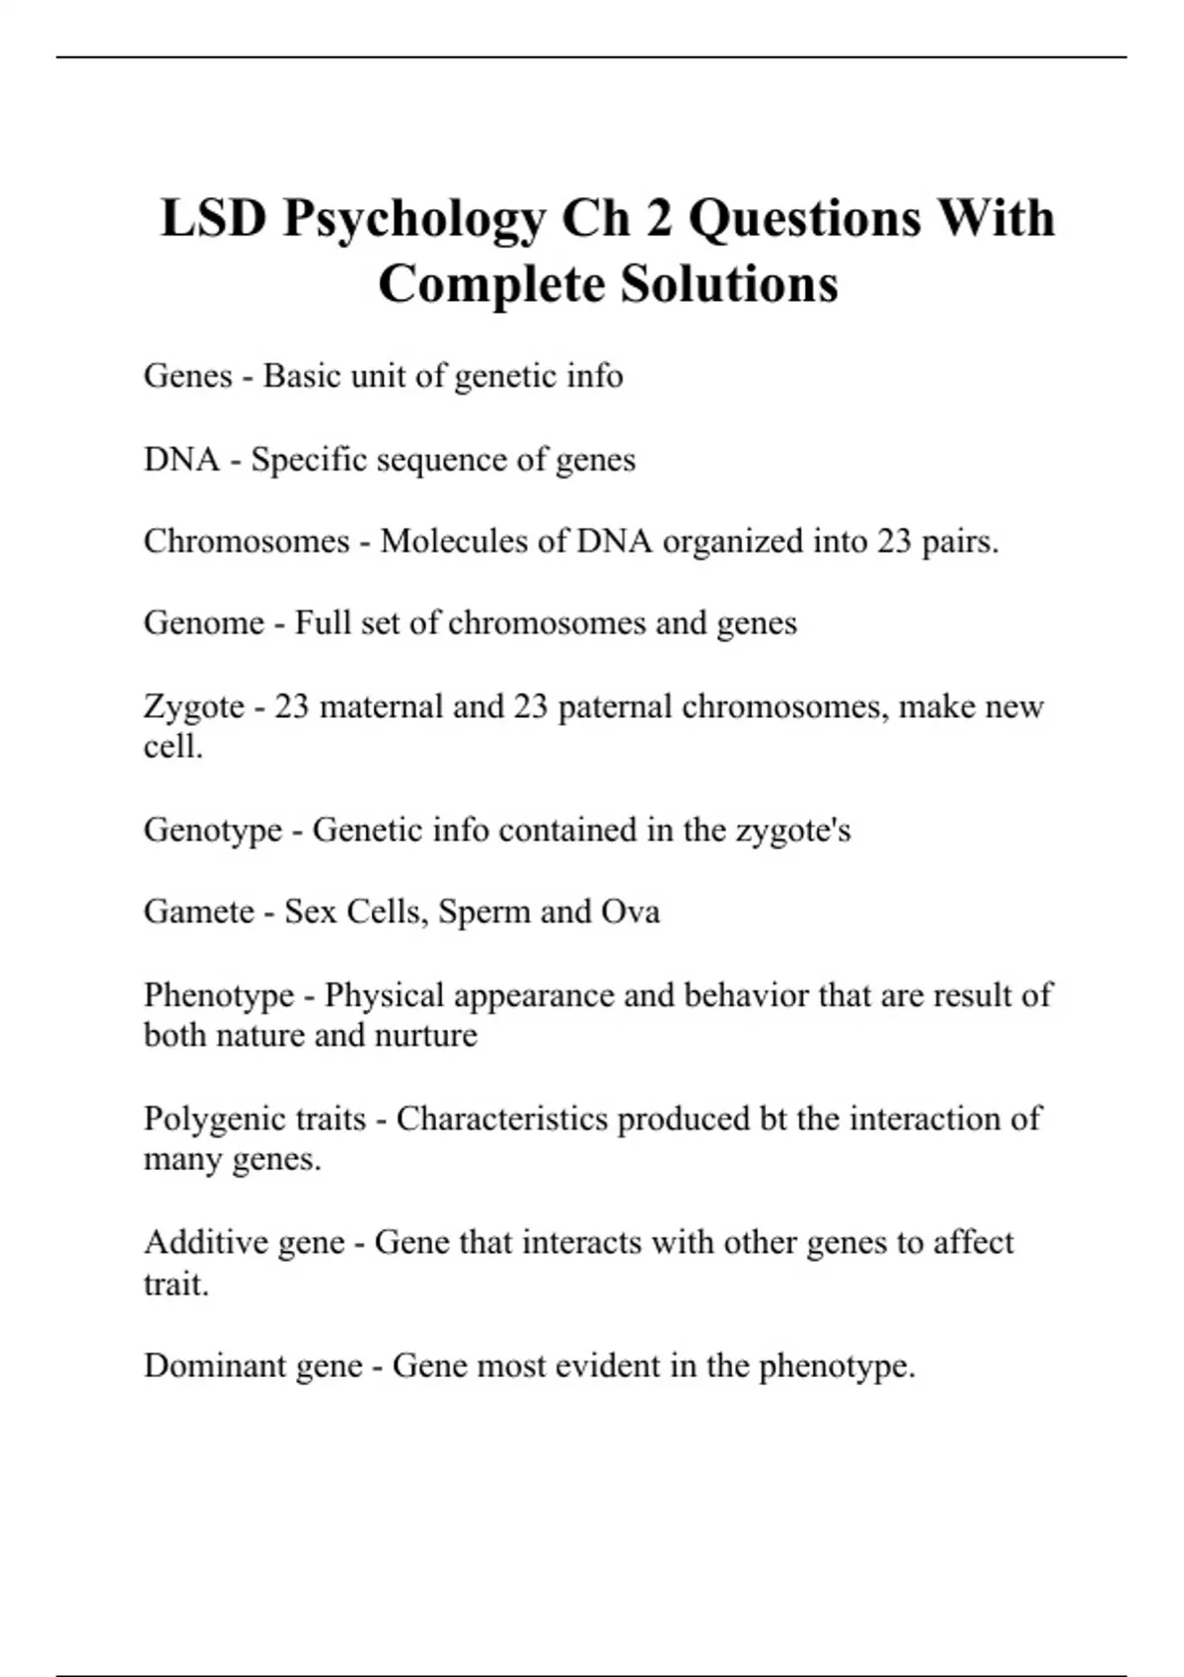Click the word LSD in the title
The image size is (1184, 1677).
click(213, 218)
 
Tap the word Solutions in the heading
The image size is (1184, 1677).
click(729, 284)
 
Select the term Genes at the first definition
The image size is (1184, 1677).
click(187, 376)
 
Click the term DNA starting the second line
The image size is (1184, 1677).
click(182, 460)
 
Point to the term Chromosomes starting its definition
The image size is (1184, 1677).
click(247, 542)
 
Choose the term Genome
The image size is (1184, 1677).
click(204, 623)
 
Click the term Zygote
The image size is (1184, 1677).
click(193, 707)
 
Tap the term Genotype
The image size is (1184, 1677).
click(213, 830)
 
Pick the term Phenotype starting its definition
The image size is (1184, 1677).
click(219, 994)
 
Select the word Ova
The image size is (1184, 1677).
click(630, 911)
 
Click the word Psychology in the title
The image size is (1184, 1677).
click(413, 218)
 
